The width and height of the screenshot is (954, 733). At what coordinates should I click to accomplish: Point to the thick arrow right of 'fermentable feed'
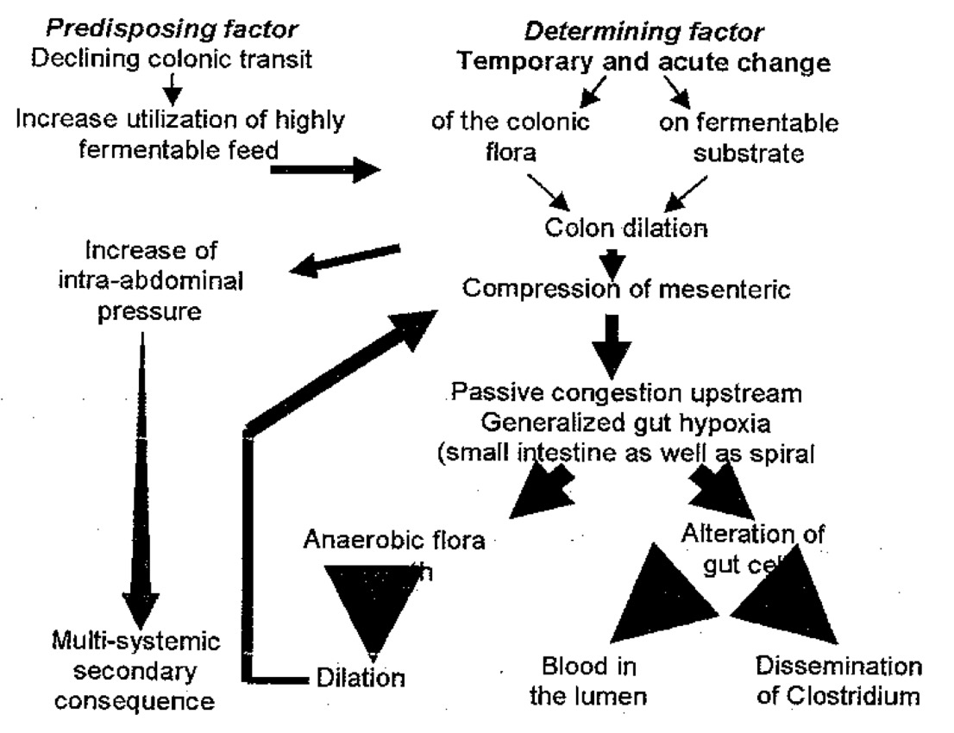pos(324,169)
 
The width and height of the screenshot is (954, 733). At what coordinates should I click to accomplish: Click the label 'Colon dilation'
pos(626,229)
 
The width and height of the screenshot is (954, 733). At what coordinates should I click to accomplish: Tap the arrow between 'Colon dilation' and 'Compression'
pos(613,260)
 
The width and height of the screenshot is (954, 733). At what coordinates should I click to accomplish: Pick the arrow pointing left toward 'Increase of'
pos(345,260)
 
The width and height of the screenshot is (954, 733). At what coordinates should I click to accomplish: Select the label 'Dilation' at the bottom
pos(360,678)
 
